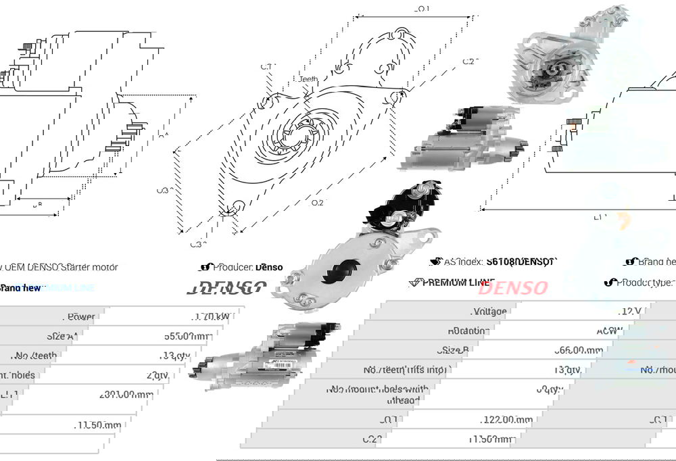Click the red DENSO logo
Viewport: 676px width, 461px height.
(x=512, y=287)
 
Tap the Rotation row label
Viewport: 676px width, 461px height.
(x=468, y=331)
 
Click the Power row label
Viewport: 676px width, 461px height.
(x=81, y=316)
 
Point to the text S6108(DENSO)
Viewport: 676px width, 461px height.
(x=520, y=262)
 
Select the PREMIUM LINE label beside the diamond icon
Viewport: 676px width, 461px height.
(x=458, y=282)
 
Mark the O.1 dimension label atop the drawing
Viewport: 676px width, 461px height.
(x=422, y=9)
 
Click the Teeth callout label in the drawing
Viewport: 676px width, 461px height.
(x=308, y=79)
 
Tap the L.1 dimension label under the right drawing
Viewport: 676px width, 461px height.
(x=600, y=218)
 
